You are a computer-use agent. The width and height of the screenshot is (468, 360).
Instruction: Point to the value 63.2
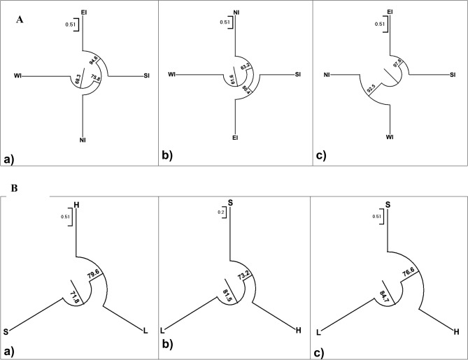tap(246, 69)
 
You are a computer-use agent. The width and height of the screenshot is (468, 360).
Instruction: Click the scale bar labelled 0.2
tap(220, 210)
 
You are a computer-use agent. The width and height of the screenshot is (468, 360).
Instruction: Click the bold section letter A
tap(19, 21)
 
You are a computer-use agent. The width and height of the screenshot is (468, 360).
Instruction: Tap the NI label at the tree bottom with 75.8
tap(83, 140)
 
